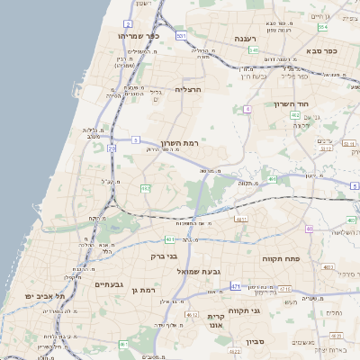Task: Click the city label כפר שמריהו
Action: click(137, 36)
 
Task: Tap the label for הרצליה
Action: click(191, 89)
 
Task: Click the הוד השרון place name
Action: click(291, 104)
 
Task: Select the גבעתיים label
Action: click(109, 284)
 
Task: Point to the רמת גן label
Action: click(142, 290)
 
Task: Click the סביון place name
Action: click(256, 341)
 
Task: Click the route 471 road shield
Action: click(235, 286)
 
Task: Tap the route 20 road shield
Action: click(112, 148)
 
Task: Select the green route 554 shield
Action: click(322, 28)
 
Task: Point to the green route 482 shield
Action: click(295, 115)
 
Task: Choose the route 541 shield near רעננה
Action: click(254, 50)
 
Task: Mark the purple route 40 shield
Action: click(309, 229)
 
